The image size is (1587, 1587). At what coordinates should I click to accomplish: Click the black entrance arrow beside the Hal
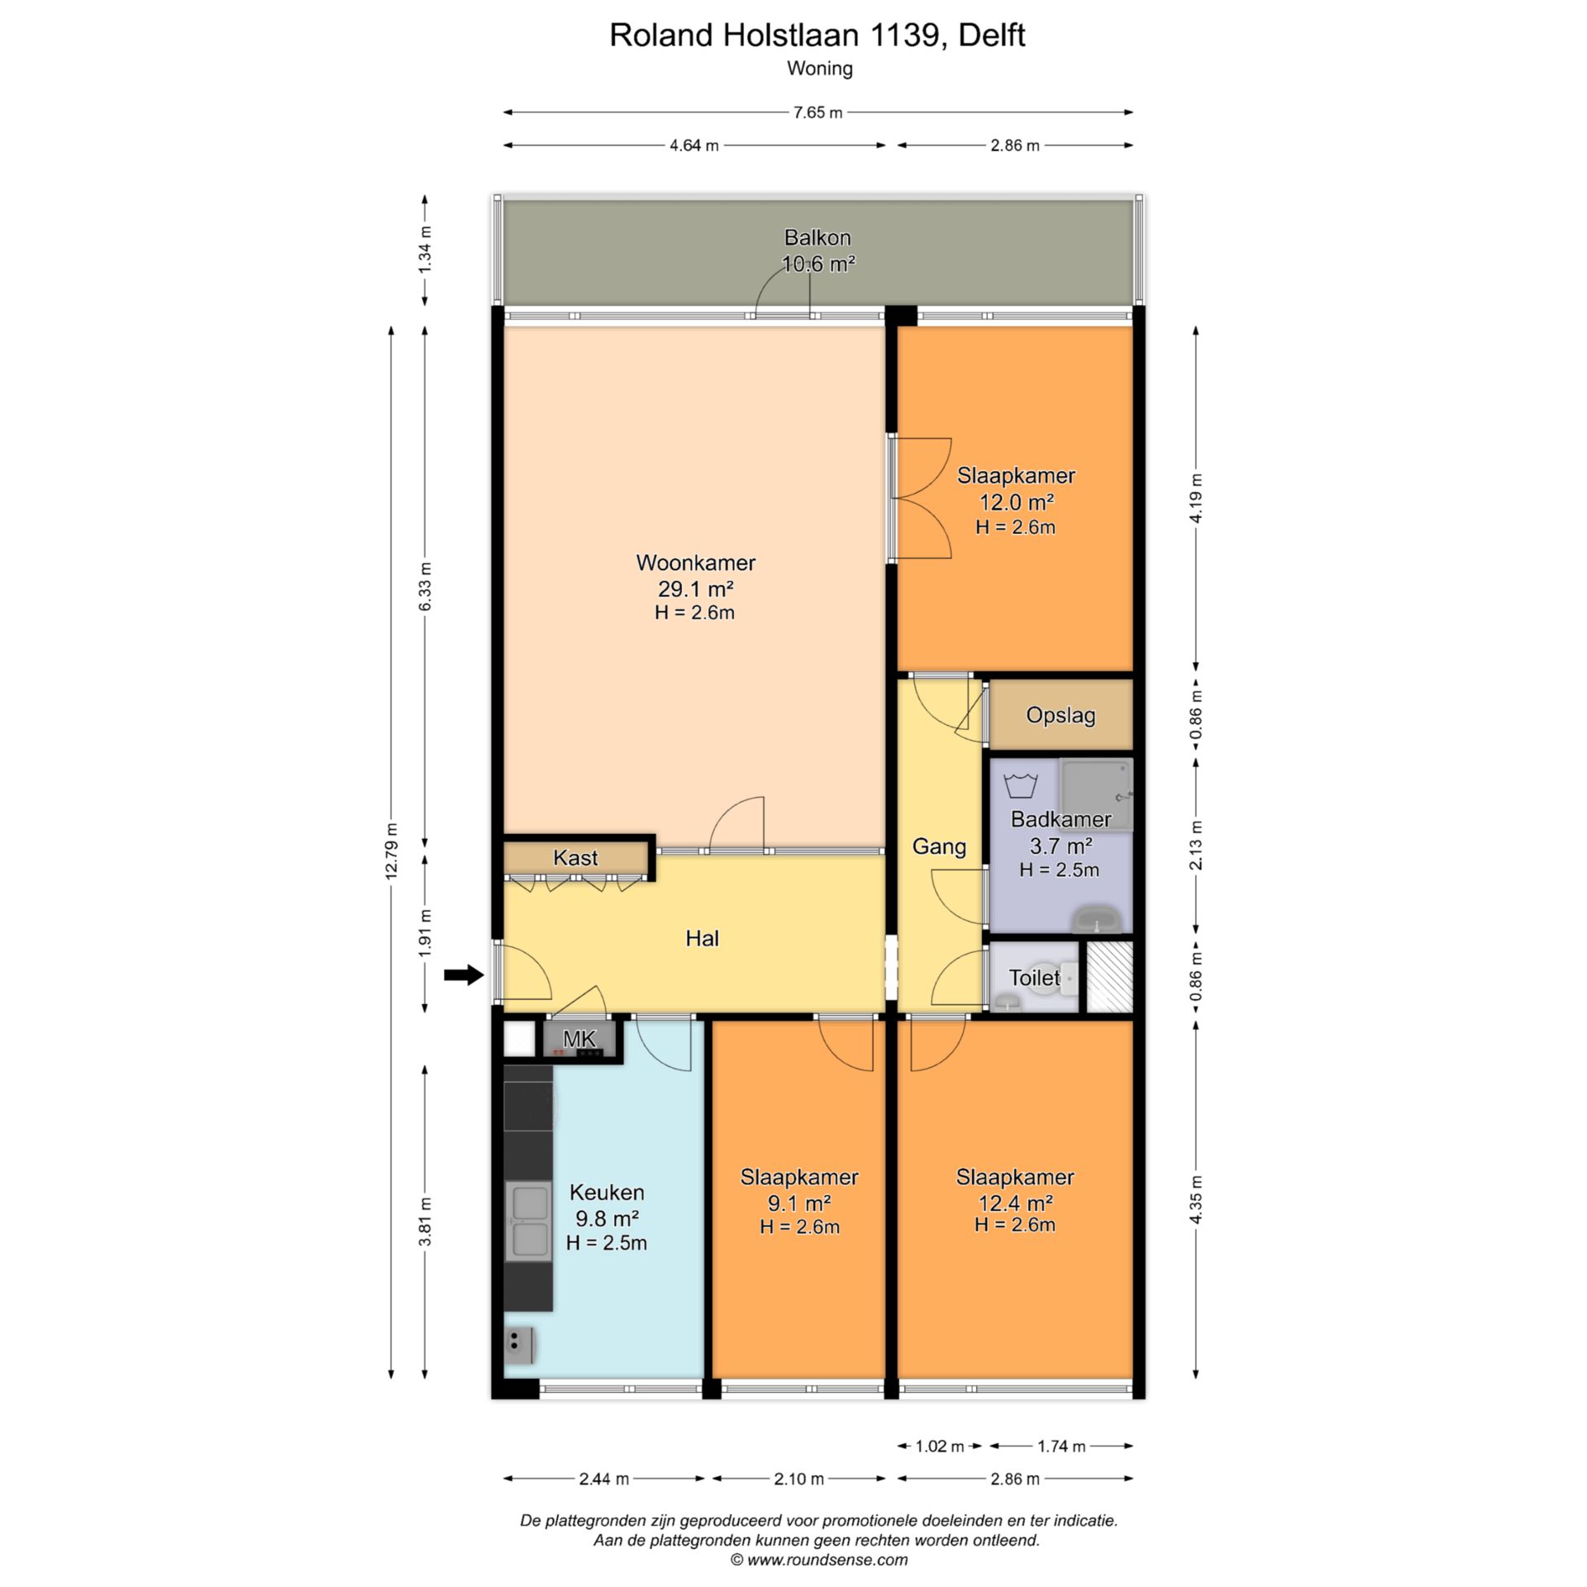pos(464,975)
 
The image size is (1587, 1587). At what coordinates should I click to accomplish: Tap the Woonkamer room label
pos(696,563)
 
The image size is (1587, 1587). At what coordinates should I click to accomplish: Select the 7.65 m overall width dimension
pos(817,112)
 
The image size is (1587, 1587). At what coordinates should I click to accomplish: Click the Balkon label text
pos(817,238)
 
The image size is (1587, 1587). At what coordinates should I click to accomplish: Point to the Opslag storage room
pos(1060,715)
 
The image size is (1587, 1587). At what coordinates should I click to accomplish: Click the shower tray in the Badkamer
pos(1096,794)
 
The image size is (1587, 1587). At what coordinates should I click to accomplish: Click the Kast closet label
pos(575,858)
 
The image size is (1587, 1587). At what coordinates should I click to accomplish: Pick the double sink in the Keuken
pos(528,1222)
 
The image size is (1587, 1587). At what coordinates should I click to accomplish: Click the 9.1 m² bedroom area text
pos(799,1203)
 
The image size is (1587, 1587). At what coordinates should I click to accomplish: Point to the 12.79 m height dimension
pos(392,852)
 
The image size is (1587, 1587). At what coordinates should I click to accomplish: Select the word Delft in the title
pos(992,35)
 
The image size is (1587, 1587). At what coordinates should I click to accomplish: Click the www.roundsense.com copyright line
pos(819,1560)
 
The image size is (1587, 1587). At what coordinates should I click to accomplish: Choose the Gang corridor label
pos(939,846)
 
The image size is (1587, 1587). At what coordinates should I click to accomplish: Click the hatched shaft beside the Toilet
pos(1108,977)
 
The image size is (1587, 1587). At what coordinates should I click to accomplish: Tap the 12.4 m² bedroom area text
pos(1015,1202)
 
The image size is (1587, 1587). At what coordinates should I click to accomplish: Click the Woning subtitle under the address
pos(820,69)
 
